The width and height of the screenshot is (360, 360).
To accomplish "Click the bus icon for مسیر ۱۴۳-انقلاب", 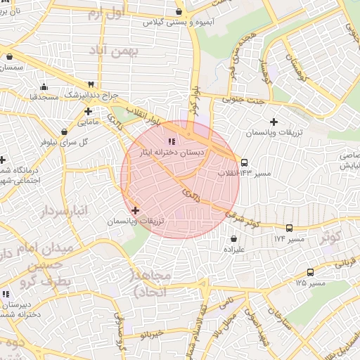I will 244,162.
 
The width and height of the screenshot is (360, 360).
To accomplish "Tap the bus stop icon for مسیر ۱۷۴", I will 289,228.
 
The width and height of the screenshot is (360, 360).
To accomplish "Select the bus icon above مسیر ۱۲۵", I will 310,272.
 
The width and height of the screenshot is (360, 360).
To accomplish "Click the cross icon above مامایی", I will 88,111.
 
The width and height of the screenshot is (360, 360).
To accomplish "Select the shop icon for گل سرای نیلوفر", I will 65,131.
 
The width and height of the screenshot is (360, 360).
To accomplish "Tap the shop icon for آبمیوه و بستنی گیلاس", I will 179,11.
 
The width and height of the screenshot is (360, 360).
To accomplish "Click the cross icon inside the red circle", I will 135,210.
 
